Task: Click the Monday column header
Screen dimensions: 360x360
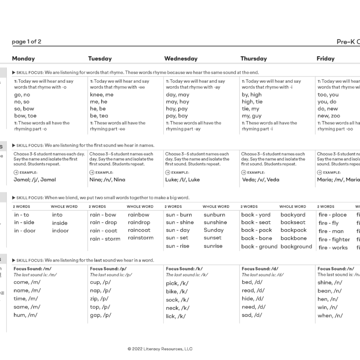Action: point(23,58)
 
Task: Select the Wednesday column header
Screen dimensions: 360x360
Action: point(181,58)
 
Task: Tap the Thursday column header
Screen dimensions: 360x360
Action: point(253,58)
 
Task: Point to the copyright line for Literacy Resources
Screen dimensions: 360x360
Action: point(160,348)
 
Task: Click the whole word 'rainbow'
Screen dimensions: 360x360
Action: point(138,215)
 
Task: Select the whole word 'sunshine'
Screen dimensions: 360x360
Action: point(215,222)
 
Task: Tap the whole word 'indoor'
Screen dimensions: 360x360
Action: point(60,230)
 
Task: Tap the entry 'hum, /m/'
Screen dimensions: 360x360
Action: point(26,315)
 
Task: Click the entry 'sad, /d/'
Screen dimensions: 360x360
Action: point(252,315)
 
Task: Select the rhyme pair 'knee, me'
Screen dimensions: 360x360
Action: point(102,95)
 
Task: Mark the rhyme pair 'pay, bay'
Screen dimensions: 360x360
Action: point(177,116)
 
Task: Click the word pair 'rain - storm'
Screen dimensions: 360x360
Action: point(105,239)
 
